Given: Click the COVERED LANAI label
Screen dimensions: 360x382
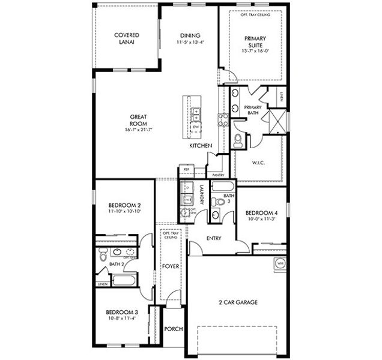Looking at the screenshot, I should tap(127, 38).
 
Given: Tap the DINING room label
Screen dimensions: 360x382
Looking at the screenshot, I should tap(189, 38).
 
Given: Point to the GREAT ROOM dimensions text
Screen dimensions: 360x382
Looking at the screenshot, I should tap(139, 130).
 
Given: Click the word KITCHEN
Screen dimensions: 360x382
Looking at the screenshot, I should tap(200, 146).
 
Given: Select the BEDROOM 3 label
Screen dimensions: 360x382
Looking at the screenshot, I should tap(122, 313).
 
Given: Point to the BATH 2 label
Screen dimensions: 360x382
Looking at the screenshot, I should tap(116, 263).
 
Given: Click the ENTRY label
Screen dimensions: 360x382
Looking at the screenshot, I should tap(214, 238).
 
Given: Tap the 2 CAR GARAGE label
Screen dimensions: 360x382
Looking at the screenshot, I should tap(238, 302).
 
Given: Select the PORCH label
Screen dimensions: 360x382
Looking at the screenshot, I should tap(173, 328).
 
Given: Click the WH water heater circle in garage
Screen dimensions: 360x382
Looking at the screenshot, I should tap(280, 262).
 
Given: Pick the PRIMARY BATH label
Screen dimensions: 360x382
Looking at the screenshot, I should tap(252, 110).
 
